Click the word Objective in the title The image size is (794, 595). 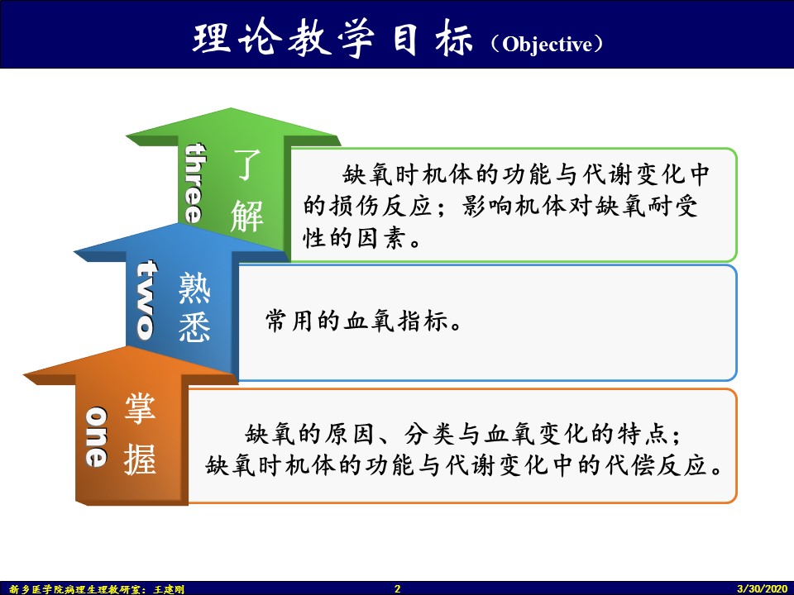point(547,45)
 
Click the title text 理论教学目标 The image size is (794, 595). point(332,39)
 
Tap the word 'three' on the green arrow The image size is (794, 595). point(195,183)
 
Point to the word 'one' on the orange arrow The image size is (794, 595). point(96,436)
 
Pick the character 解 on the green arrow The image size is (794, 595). point(247,216)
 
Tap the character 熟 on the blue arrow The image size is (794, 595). point(194,288)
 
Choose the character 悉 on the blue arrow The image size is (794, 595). point(194,326)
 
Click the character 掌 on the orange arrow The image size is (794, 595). point(141,407)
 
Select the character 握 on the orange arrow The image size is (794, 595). point(141,459)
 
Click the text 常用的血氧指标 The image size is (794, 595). point(356,321)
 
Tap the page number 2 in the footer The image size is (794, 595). point(398,588)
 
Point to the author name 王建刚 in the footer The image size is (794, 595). point(169,589)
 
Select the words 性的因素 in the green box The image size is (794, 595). point(355,237)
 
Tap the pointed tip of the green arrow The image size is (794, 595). point(232,108)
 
